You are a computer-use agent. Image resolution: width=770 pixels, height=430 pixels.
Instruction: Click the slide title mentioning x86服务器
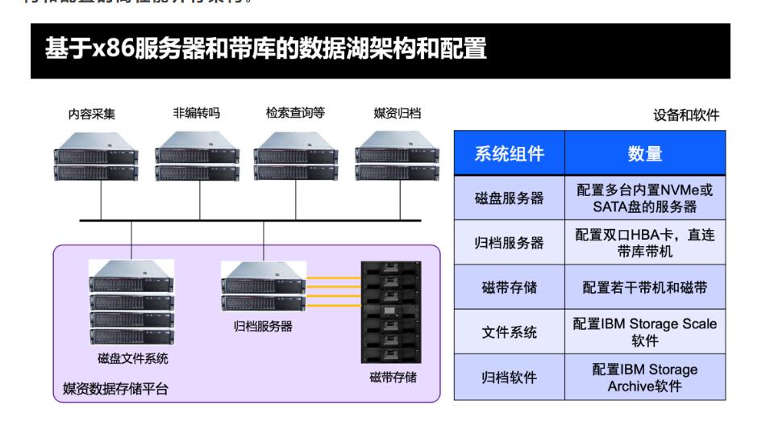266,50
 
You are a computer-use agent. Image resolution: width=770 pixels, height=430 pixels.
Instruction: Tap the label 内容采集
91,115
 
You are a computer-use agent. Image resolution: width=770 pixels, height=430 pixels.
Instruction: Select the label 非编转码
196,114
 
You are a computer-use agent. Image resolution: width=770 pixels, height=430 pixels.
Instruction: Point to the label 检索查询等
295,114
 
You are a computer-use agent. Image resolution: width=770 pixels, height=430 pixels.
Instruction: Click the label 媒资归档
397,114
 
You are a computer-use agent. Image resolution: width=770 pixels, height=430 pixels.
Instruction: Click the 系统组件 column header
509,153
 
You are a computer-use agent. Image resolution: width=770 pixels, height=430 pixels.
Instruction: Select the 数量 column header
644,153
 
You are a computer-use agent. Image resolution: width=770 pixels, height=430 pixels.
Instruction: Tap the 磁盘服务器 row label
509,198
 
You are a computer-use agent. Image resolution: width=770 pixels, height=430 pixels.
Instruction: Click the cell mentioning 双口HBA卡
644,243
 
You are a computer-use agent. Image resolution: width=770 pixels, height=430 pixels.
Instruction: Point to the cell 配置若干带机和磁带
644,287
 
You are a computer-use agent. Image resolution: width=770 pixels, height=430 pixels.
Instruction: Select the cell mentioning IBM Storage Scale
644,332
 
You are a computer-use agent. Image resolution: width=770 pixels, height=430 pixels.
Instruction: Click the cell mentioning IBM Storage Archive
644,377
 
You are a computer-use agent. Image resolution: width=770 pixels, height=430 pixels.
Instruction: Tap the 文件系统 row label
509,332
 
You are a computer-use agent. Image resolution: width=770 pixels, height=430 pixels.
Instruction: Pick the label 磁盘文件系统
133,358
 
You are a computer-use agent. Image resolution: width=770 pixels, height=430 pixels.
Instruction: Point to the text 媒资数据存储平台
116,389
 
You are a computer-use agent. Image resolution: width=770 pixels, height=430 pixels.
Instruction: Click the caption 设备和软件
685,115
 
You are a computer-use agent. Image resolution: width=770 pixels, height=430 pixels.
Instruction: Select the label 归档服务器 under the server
264,327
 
